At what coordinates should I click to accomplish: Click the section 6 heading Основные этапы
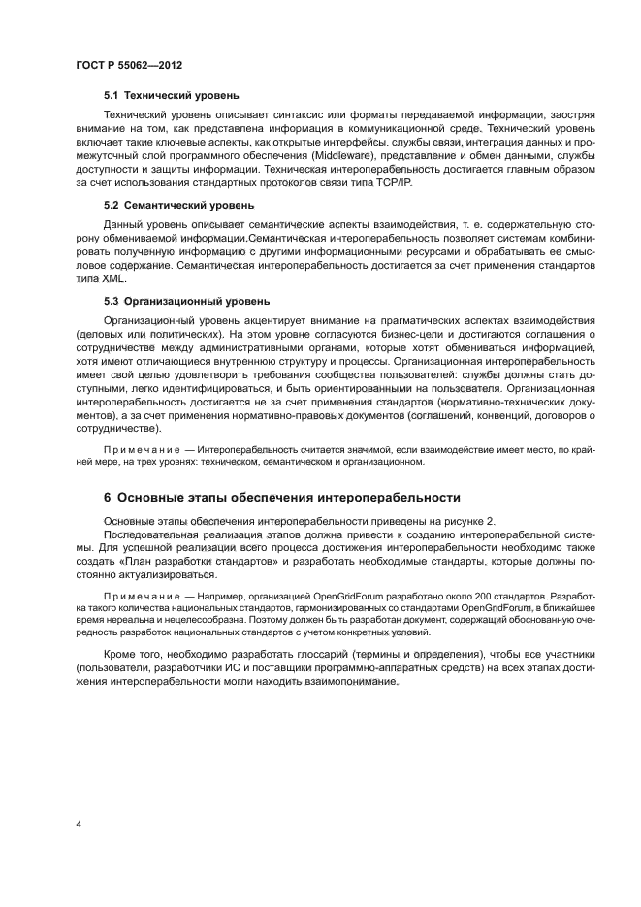pos(281,498)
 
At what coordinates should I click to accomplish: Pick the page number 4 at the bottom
pos(78,825)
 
